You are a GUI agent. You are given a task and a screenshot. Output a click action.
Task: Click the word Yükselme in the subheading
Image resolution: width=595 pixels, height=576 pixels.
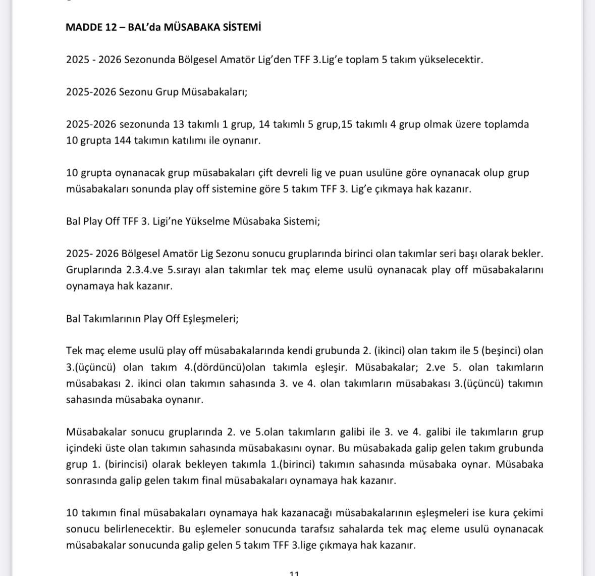(x=205, y=221)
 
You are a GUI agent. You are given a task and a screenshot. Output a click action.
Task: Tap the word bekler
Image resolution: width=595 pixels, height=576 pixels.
(x=528, y=254)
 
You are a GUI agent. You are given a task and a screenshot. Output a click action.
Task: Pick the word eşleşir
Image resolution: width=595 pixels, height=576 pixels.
(x=332, y=367)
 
